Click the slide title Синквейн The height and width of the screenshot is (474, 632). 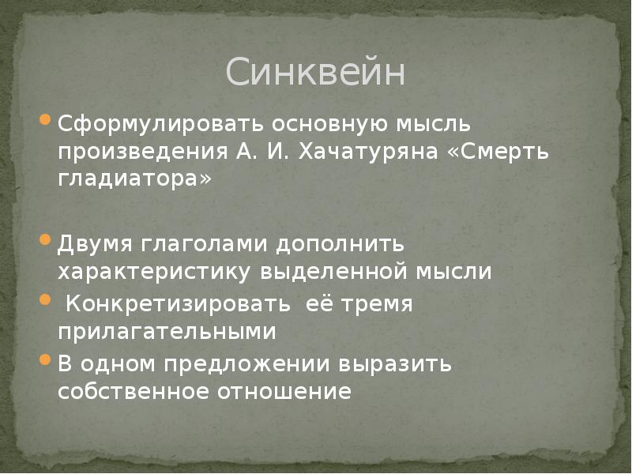click(315, 73)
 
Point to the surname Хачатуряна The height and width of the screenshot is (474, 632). click(365, 152)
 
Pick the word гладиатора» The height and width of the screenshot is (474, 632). click(134, 179)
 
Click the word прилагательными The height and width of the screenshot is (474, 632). click(166, 332)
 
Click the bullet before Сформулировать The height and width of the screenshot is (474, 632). click(44, 123)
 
